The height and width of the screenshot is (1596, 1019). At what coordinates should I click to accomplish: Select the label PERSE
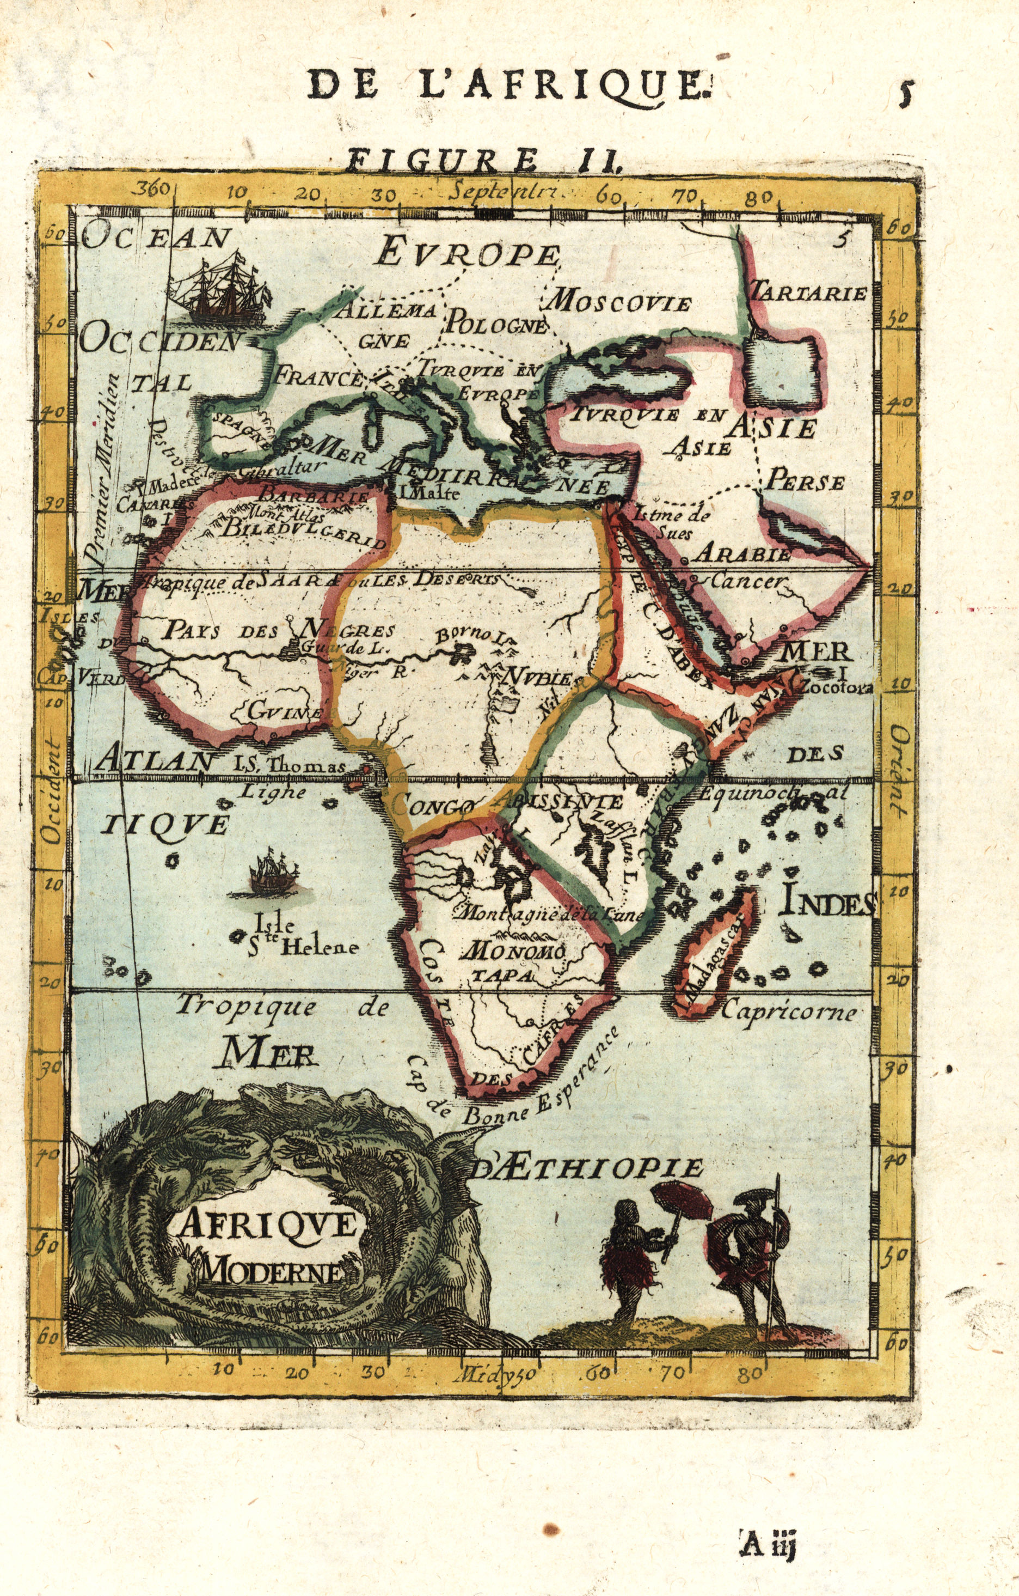coord(805,482)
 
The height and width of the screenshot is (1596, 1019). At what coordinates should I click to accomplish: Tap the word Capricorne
coord(788,1012)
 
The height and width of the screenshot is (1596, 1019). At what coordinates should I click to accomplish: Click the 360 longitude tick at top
coord(153,190)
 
